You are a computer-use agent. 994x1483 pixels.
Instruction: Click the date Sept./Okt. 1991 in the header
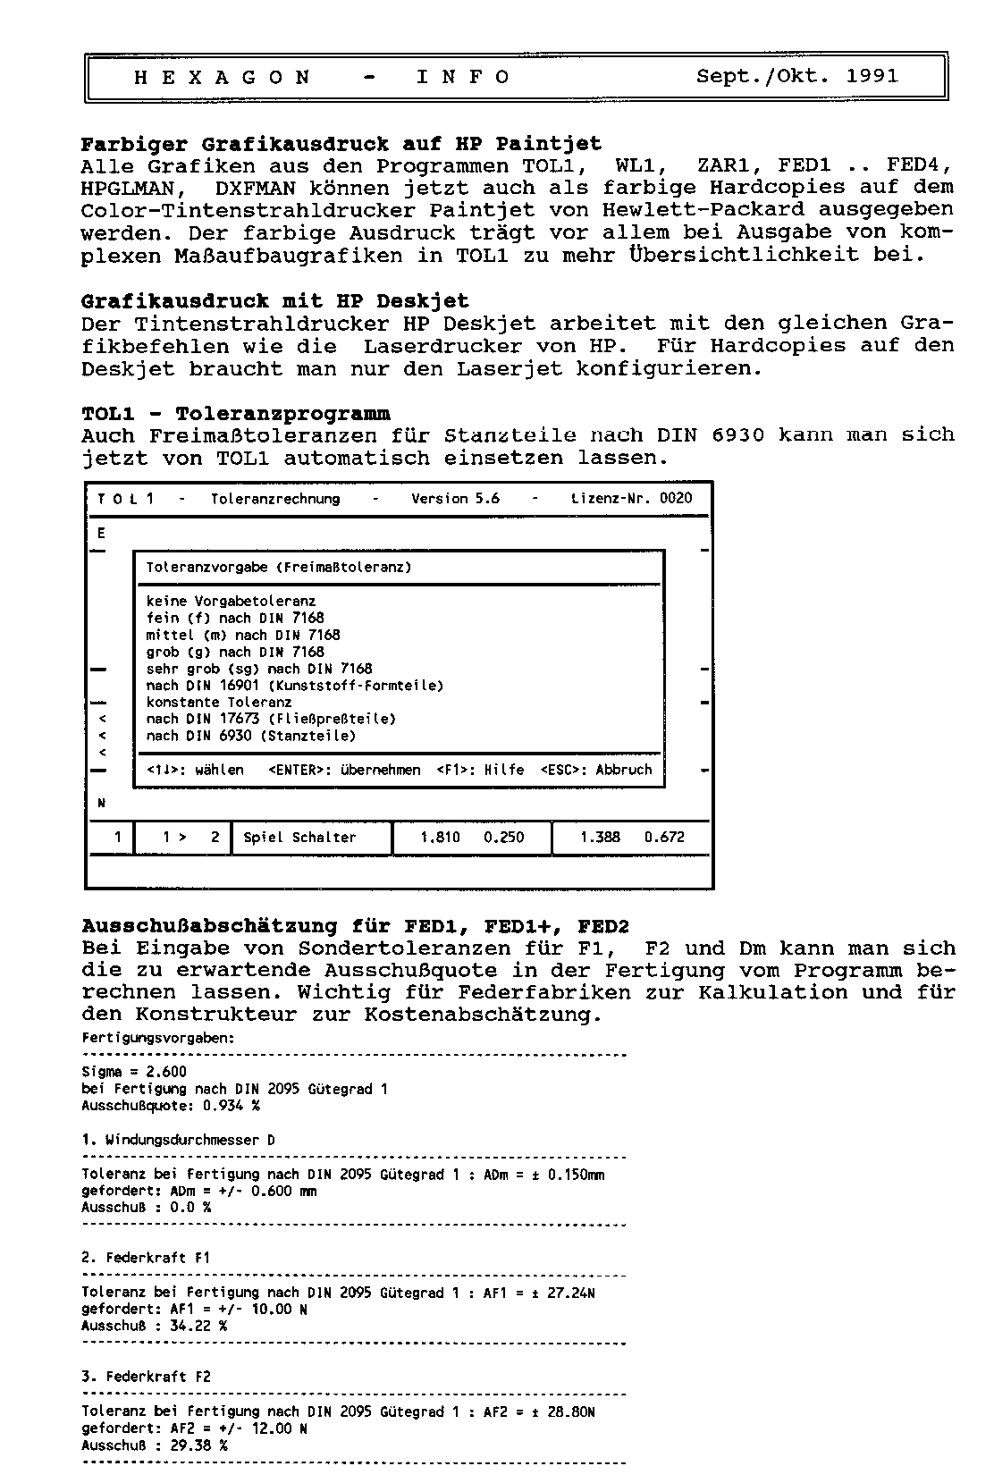click(796, 77)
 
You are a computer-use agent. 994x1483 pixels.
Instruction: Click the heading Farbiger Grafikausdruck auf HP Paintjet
click(341, 144)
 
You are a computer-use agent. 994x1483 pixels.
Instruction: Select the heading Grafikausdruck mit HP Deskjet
click(274, 301)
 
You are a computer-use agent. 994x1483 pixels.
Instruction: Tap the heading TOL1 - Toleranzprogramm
click(236, 414)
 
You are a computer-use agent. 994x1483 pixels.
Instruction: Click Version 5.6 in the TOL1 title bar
click(455, 499)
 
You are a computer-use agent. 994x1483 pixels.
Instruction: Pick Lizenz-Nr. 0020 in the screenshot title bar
click(631, 499)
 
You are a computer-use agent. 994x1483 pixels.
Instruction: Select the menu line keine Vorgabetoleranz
click(231, 602)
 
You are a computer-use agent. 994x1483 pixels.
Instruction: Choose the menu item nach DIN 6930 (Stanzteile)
click(251, 737)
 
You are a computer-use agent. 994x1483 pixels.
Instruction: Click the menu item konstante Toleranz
click(219, 703)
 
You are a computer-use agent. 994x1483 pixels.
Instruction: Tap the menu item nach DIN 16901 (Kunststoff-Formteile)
click(295, 686)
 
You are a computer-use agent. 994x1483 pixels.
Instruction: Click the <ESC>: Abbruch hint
click(596, 770)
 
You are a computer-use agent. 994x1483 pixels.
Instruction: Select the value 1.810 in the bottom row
click(440, 838)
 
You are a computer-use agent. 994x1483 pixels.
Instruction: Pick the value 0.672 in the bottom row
click(664, 838)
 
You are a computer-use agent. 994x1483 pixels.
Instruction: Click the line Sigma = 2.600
click(134, 1072)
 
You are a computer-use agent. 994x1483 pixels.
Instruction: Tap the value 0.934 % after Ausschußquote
click(232, 1106)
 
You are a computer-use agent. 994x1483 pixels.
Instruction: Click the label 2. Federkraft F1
click(146, 1258)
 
